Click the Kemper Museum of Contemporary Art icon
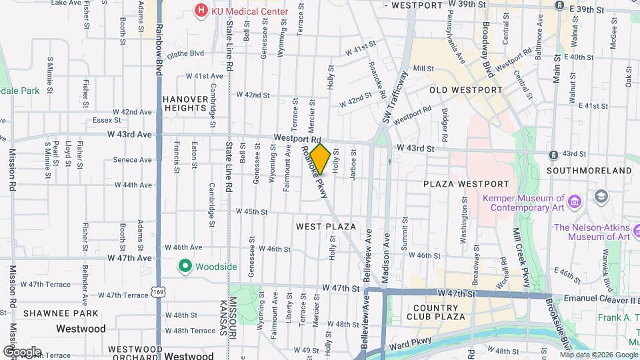coord(575,199)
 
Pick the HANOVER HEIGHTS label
coord(185,103)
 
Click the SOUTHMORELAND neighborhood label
coord(589,171)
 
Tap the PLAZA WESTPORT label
coord(466,184)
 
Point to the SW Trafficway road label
coord(394,99)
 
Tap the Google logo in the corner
coord(21,351)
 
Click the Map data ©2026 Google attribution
coord(598,355)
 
